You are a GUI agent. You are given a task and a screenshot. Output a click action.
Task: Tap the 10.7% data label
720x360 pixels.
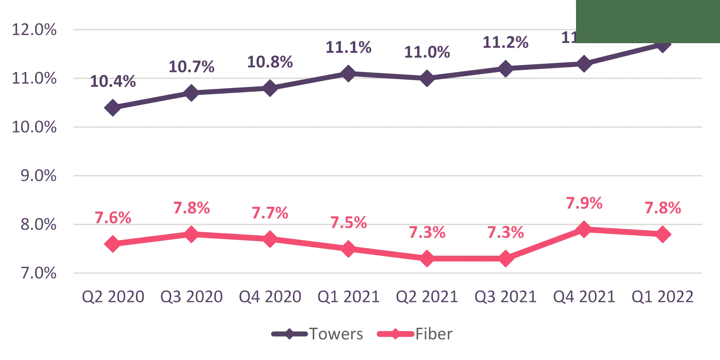(191, 67)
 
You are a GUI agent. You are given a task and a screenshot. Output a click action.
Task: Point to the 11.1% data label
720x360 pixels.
(348, 48)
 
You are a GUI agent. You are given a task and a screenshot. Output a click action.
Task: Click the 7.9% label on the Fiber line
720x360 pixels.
(584, 204)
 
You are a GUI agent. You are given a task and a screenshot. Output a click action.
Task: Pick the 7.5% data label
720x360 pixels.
(348, 223)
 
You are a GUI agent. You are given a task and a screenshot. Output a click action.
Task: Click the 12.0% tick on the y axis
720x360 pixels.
(34, 30)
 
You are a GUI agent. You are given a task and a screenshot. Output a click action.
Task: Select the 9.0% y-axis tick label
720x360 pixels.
(34, 176)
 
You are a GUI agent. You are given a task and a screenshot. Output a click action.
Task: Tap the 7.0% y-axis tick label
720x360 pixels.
(34, 274)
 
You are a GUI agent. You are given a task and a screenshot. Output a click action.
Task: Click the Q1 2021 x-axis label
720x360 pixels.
(348, 297)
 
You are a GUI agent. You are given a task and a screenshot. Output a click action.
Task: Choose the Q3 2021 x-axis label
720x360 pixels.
(505, 297)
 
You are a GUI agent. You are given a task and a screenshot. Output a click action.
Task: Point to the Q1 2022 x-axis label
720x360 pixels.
(662, 297)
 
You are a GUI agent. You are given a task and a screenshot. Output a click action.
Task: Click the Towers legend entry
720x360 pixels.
(317, 334)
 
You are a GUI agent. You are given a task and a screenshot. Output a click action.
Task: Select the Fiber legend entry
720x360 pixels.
(414, 334)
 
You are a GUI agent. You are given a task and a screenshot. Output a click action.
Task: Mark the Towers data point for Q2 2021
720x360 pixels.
(427, 78)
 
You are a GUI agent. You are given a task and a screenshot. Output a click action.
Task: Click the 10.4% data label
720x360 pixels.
(113, 82)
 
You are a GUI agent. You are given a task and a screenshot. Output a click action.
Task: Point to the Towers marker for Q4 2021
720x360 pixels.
(584, 64)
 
